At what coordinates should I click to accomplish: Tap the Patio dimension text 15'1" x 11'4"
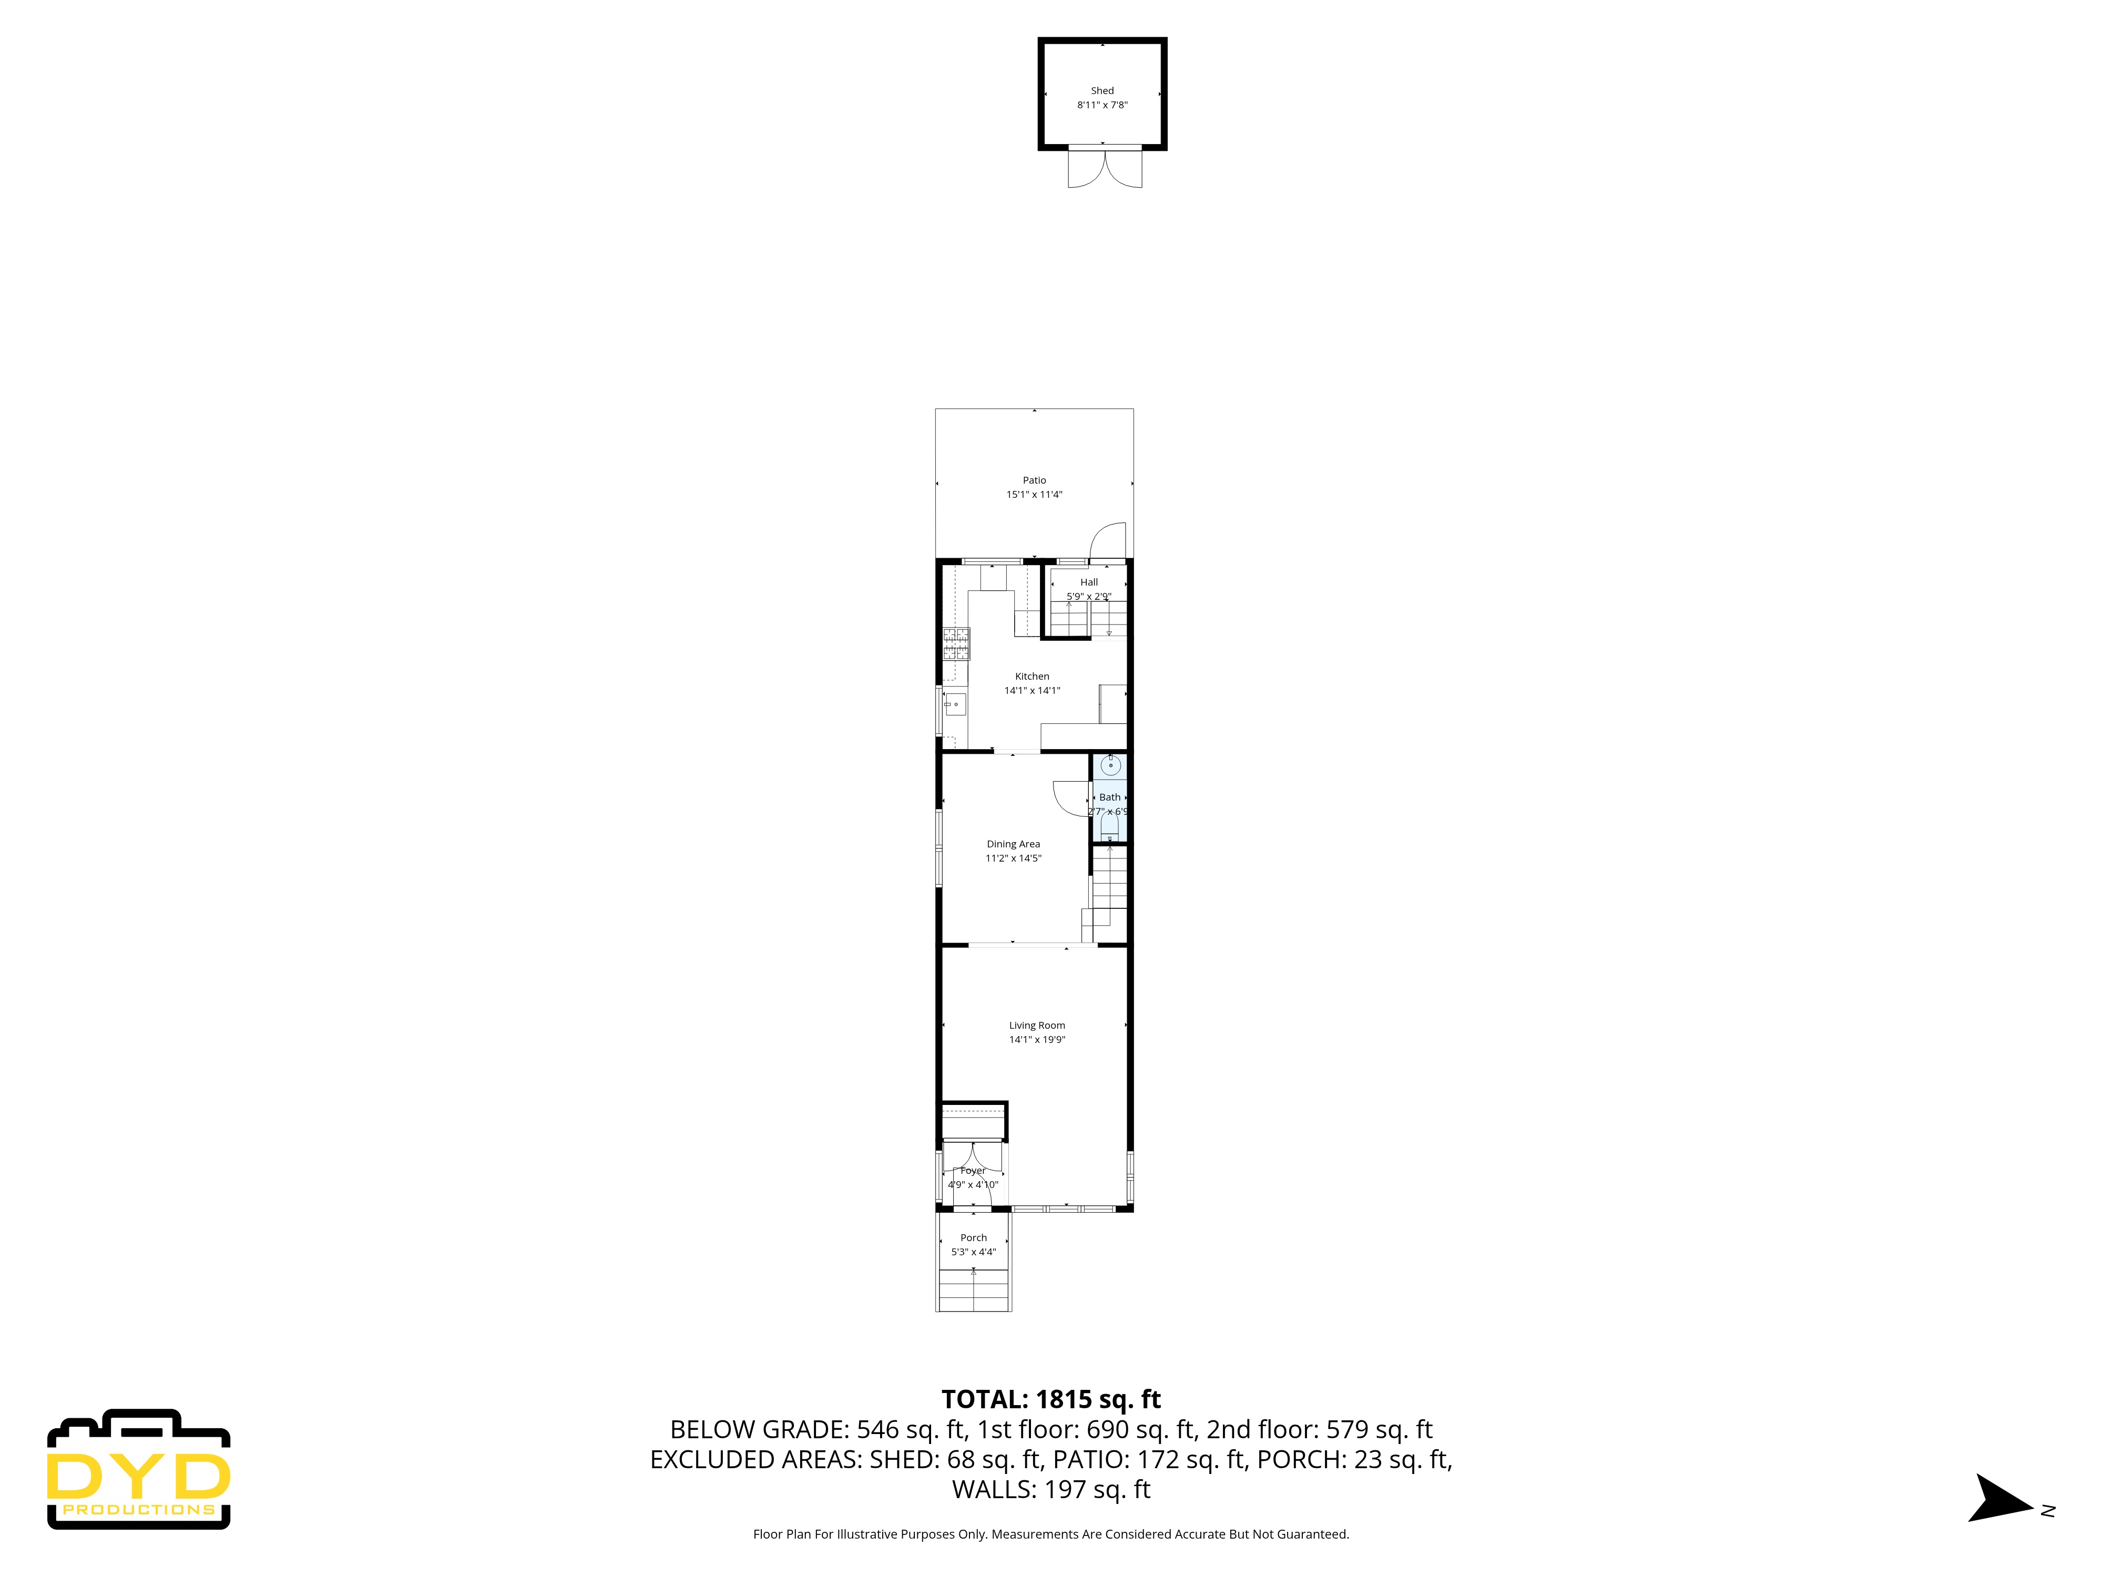click(1034, 494)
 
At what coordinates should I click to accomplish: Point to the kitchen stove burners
click(956, 643)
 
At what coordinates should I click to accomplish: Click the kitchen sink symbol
click(955, 704)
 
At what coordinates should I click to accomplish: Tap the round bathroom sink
click(1110, 764)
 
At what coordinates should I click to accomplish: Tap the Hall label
click(1089, 582)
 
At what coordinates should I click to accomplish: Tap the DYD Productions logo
click(139, 1470)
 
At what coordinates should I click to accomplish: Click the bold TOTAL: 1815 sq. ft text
click(1050, 1399)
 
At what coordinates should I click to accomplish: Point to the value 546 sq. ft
click(911, 1430)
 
